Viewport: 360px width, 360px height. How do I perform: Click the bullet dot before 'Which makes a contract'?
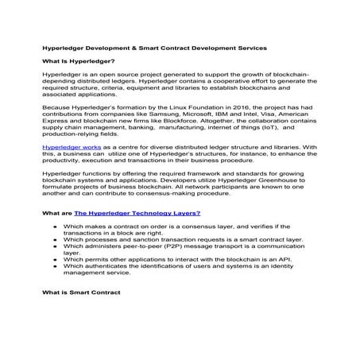tap(52, 226)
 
